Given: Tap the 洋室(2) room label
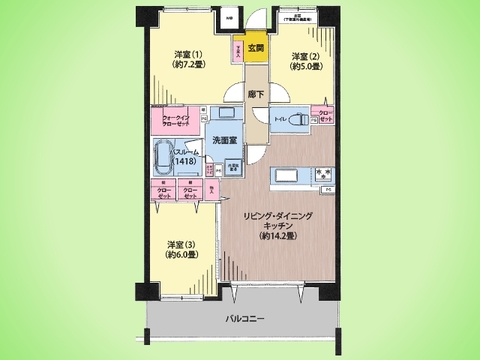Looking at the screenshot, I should (x=305, y=56).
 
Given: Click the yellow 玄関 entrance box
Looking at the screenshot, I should (x=257, y=49).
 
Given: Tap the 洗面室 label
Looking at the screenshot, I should (x=224, y=143).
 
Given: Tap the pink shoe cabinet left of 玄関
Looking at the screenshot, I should (x=237, y=51).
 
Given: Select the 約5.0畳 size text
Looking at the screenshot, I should (x=305, y=68).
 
